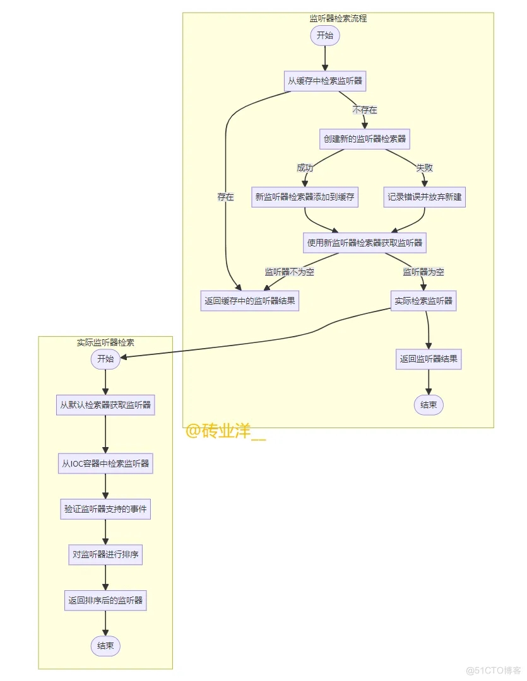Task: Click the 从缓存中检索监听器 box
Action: point(325,81)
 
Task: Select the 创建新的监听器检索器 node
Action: point(364,139)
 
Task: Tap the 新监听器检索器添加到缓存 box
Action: point(305,197)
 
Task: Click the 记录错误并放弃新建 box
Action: point(424,197)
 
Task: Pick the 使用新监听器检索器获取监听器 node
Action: point(364,243)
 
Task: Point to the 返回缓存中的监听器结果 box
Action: point(249,301)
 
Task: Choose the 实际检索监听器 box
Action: point(423,301)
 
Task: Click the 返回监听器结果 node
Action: point(429,359)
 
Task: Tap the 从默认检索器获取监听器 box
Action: point(105,405)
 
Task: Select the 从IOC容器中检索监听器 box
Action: point(105,463)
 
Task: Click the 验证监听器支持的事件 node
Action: point(105,509)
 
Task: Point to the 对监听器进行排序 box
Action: point(105,555)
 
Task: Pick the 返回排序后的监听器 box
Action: point(105,601)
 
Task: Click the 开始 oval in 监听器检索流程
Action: point(325,35)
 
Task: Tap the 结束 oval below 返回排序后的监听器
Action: point(105,646)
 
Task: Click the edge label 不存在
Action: point(365,110)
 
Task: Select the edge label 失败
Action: point(424,168)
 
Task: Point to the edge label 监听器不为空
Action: point(290,272)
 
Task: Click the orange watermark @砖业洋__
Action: point(225,431)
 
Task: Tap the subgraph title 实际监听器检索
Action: point(105,342)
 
